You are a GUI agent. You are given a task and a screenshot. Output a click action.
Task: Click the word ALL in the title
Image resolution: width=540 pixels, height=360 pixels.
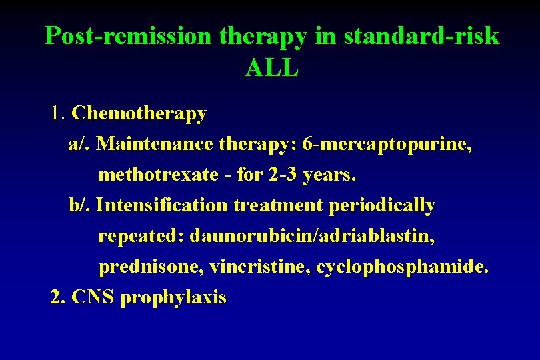pyautogui.click(x=271, y=67)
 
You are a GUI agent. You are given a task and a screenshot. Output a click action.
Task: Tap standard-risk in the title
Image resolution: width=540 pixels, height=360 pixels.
pyautogui.click(x=421, y=36)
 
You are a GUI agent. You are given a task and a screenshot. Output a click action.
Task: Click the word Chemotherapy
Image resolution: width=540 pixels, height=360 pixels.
pyautogui.click(x=139, y=113)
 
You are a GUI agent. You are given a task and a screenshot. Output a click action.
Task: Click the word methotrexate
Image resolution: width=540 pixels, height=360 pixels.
pyautogui.click(x=158, y=175)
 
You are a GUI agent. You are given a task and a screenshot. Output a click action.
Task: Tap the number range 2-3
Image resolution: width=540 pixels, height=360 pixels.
pyautogui.click(x=285, y=175)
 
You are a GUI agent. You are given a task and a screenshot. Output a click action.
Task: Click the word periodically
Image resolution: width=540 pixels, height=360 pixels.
pyautogui.click(x=382, y=205)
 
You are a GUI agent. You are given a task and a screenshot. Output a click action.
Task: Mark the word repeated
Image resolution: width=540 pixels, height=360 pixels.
pyautogui.click(x=141, y=236)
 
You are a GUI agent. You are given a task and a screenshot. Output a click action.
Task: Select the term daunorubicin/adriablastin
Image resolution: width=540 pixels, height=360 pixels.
pyautogui.click(x=313, y=236)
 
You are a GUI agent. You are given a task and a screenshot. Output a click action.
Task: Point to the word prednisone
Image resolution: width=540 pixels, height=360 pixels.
pyautogui.click(x=150, y=267)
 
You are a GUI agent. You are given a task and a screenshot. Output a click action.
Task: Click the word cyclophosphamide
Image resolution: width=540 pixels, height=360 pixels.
pyautogui.click(x=402, y=267)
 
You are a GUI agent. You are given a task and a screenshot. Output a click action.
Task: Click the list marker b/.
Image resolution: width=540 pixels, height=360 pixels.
pyautogui.click(x=79, y=205)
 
